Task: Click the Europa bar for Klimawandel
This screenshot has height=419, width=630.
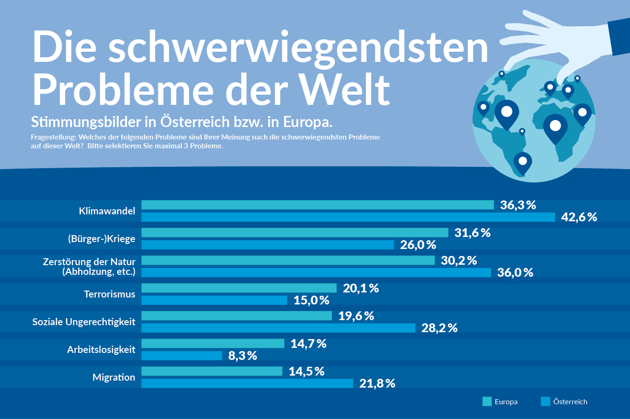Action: (x=318, y=205)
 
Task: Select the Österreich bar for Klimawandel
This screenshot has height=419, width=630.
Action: (x=348, y=217)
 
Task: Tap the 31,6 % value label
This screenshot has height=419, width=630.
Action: (x=472, y=233)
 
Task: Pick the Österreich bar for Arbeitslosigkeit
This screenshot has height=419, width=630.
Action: (x=182, y=356)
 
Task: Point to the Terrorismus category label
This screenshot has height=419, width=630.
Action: (x=109, y=294)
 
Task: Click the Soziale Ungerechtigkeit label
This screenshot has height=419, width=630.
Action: (x=84, y=322)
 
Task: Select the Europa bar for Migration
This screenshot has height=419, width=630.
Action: (x=212, y=371)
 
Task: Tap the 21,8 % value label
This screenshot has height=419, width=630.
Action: (x=377, y=383)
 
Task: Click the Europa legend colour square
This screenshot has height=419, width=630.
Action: (x=487, y=401)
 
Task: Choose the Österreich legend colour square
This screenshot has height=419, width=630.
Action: (x=546, y=401)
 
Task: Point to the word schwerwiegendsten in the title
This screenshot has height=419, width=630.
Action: (x=298, y=48)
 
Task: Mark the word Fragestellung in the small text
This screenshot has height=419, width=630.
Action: (x=53, y=137)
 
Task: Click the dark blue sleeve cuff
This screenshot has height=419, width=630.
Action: (x=618, y=37)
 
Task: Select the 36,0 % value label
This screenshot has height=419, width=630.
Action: (x=515, y=273)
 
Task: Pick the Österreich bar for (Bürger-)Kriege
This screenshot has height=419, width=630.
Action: (x=268, y=245)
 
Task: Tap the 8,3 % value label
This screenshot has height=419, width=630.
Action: (x=242, y=356)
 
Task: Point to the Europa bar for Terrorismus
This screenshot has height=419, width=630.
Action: (x=239, y=288)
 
